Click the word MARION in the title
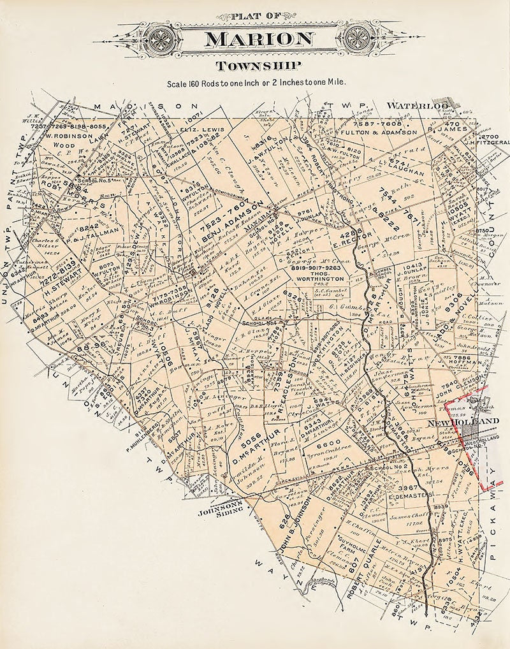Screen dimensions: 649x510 tap(259, 39)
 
